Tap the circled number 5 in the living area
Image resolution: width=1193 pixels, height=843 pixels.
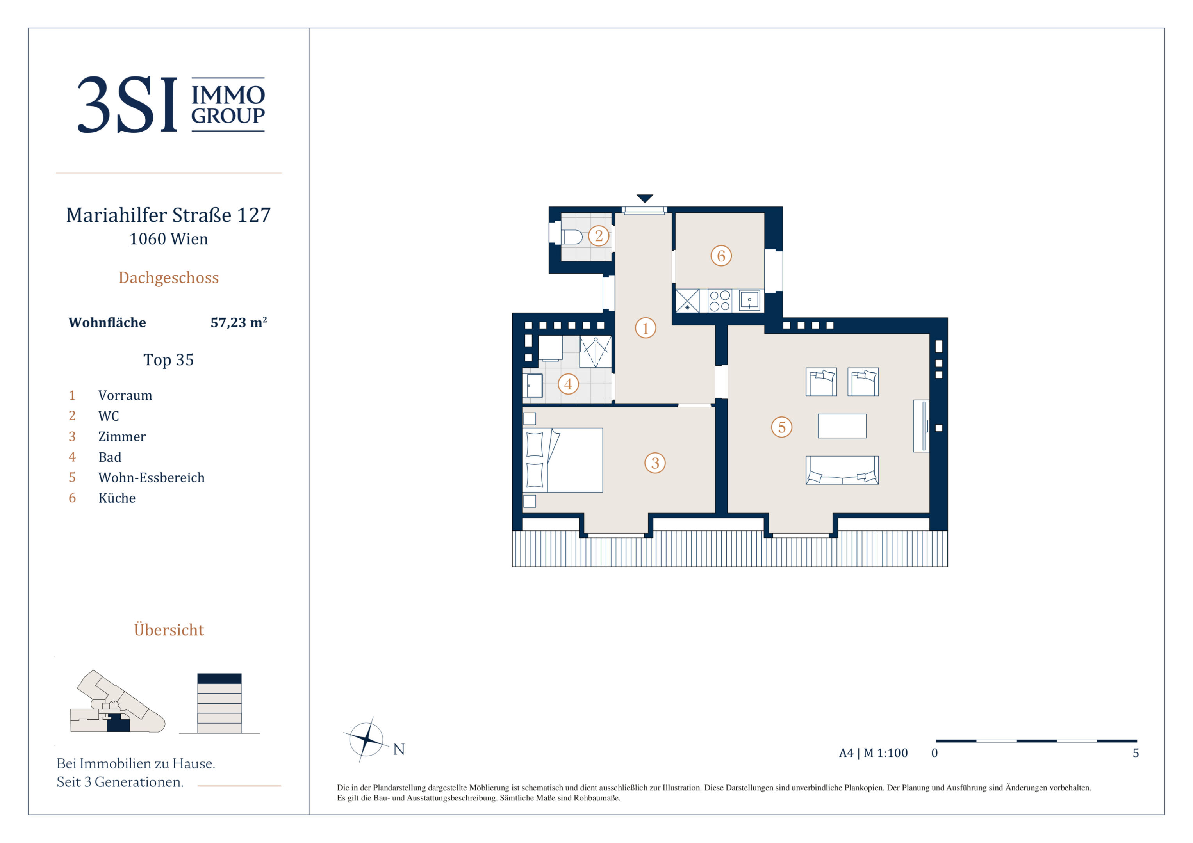pos(781,427)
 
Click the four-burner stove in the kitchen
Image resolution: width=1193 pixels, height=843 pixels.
pos(720,301)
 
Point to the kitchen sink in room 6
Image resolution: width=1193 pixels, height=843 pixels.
pos(749,300)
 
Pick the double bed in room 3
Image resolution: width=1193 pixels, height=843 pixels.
pos(563,460)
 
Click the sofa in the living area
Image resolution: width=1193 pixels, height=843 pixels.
pos(842,470)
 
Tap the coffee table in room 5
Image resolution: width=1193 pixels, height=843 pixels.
pos(842,426)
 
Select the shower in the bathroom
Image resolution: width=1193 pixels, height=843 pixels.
pos(596,352)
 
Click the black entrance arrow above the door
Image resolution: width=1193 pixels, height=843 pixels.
pos(645,198)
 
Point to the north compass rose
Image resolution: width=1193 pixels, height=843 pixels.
pos(366,739)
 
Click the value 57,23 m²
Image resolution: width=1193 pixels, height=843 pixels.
pos(239,322)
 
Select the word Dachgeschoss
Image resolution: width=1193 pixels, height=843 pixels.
pos(169,277)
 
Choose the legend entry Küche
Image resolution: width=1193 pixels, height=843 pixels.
pos(117,498)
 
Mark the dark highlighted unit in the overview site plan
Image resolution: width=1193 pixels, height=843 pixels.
pos(118,724)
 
